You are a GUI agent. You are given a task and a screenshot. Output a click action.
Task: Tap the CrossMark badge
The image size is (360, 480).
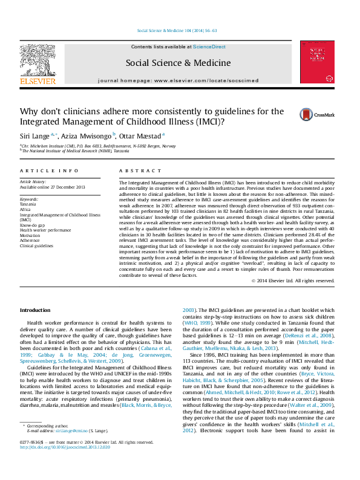pos(315,113)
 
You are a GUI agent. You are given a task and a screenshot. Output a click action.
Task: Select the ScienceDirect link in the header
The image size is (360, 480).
pos(209,47)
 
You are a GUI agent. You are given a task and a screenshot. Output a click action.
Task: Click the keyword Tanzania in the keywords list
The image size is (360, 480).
pos(28,204)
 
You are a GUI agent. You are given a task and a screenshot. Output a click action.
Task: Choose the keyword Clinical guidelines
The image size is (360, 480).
pos(38,246)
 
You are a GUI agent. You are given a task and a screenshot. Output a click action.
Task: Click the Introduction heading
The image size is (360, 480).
pos(35,310)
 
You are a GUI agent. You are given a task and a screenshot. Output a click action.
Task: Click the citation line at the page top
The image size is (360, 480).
pos(178,30)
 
